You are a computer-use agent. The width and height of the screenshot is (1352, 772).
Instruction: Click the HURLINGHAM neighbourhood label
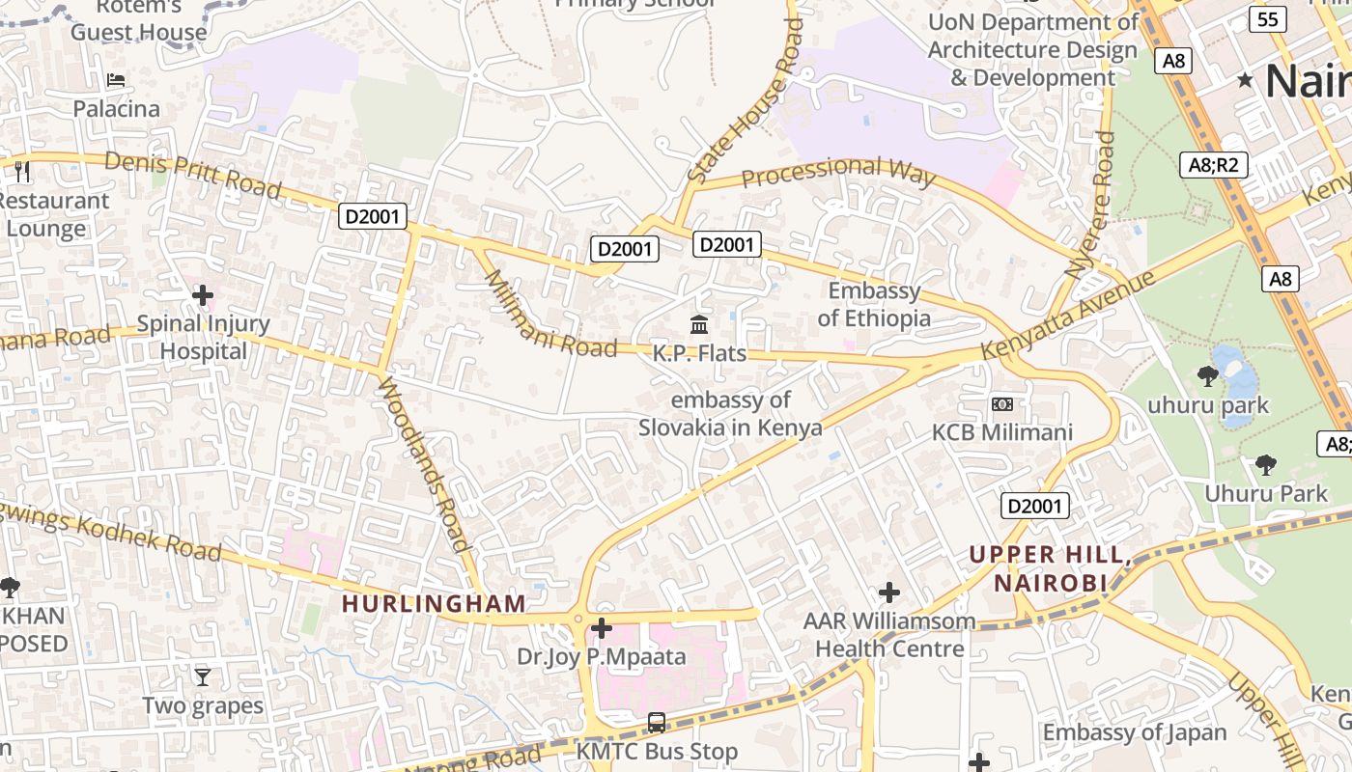click(435, 604)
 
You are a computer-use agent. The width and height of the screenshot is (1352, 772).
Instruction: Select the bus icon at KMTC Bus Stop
click(657, 722)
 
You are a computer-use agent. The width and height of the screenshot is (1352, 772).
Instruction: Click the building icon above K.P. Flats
click(699, 324)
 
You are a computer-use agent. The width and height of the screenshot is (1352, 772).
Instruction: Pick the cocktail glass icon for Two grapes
click(203, 676)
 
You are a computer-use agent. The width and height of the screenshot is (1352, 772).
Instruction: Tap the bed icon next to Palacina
click(116, 80)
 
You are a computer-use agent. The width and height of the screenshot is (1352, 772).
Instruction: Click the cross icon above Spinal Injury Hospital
click(203, 294)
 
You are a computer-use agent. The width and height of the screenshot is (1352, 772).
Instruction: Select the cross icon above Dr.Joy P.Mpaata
click(602, 629)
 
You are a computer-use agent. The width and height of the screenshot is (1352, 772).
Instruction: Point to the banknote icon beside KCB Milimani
click(1002, 403)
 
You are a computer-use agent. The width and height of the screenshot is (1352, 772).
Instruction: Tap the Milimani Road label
click(549, 315)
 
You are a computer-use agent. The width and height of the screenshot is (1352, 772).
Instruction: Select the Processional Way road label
click(838, 172)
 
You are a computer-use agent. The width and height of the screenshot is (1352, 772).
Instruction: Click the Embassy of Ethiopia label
click(875, 304)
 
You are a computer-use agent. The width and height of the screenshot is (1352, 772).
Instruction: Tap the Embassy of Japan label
click(1135, 732)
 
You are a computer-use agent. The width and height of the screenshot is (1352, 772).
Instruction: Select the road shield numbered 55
click(1268, 19)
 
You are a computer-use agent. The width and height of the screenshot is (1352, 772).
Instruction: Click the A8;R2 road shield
click(1213, 165)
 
